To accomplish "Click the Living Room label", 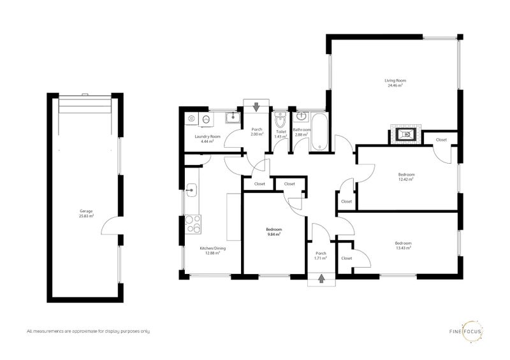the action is (395, 80).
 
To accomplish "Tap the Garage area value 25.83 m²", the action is (86, 215).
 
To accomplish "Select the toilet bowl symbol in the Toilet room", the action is (279, 120).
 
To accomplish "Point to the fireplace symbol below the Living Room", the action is (405, 134).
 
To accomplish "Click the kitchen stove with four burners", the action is (193, 224).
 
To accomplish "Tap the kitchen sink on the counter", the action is (192, 190).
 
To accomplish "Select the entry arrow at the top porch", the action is (256, 106).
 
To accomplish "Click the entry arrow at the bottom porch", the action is (321, 278).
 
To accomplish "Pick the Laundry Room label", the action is (208, 136).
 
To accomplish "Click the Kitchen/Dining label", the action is (213, 248).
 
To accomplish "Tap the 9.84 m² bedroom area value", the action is (273, 234).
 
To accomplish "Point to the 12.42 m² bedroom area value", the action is (406, 179).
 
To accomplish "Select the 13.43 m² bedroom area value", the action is (403, 248).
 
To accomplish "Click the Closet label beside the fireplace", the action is (441, 140).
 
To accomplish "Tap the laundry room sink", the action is (233, 117).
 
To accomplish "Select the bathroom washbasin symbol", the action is (302, 116).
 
